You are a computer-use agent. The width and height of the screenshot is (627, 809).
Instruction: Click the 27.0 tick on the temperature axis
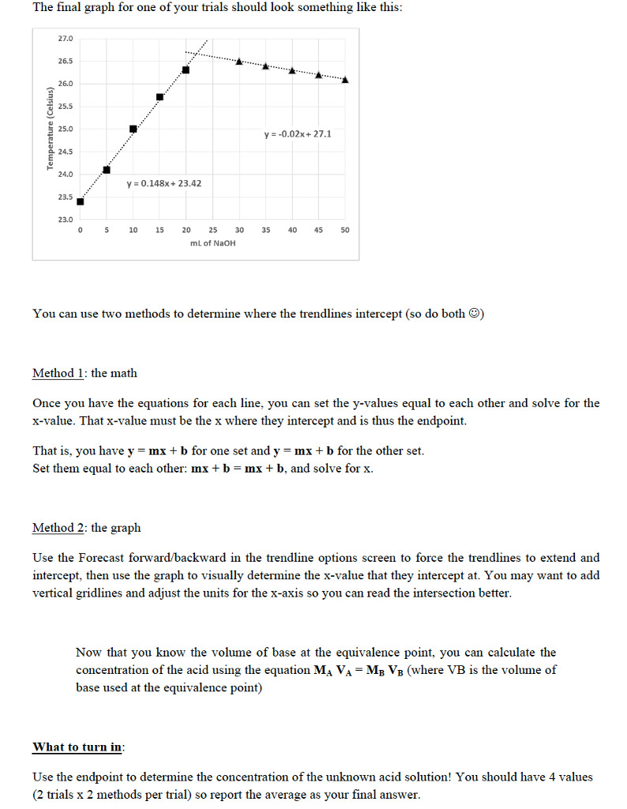(x=65, y=38)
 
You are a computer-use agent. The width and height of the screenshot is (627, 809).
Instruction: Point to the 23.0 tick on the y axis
(x=65, y=219)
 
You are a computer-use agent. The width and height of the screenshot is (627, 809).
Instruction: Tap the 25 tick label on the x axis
(x=212, y=230)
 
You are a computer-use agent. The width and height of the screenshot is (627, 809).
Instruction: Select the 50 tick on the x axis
(x=345, y=230)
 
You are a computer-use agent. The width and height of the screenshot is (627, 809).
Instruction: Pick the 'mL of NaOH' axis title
(x=212, y=243)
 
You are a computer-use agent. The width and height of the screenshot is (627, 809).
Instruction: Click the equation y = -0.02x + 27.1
(x=298, y=134)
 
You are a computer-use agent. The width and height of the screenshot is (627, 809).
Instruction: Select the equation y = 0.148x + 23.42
(x=163, y=183)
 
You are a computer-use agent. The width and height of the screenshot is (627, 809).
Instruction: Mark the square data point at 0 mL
(x=80, y=201)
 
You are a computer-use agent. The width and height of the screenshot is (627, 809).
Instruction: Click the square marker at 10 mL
(x=133, y=130)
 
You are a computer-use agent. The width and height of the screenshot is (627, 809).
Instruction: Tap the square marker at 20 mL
(x=186, y=70)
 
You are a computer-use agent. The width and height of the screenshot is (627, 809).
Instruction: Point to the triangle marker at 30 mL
(x=238, y=62)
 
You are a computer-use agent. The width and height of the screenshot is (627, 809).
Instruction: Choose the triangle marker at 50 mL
(x=345, y=79)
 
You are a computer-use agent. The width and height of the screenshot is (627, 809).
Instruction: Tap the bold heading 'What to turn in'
(x=77, y=747)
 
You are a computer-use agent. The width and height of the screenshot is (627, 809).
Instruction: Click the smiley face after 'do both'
(x=475, y=314)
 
